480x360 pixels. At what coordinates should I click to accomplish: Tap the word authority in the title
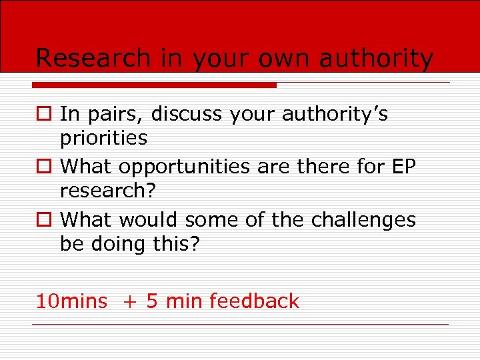pyautogui.click(x=376, y=59)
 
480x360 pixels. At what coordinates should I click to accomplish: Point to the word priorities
pyautogui.click(x=103, y=138)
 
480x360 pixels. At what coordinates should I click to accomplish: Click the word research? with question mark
pyautogui.click(x=107, y=191)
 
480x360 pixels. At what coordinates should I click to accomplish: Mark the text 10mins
pyautogui.click(x=71, y=301)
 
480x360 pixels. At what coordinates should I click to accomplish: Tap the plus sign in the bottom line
pyautogui.click(x=127, y=302)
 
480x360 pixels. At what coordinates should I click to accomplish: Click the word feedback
pyautogui.click(x=254, y=301)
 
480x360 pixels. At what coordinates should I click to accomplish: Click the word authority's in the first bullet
pyautogui.click(x=334, y=115)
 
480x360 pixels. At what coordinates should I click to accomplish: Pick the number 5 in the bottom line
pyautogui.click(x=151, y=301)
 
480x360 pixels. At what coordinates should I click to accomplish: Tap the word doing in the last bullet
pyautogui.click(x=116, y=244)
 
